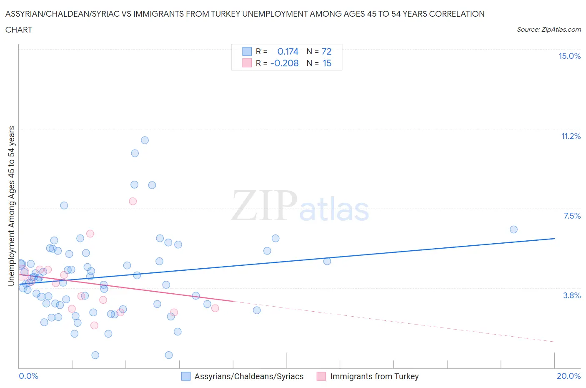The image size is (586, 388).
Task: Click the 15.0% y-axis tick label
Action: click(x=569, y=56)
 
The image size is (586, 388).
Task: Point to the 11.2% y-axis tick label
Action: click(x=571, y=136)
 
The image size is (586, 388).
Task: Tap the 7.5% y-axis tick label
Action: click(x=572, y=216)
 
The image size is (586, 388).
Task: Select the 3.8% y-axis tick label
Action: click(x=572, y=296)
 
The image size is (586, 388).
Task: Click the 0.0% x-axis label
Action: click(x=28, y=376)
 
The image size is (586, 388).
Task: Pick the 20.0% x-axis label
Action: click(x=568, y=376)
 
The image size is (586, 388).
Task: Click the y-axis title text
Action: click(x=12, y=206)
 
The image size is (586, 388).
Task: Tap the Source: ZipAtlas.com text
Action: click(x=548, y=30)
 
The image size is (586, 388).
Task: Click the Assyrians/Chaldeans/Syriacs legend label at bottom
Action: click(x=249, y=377)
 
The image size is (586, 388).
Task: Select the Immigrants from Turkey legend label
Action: click(x=374, y=377)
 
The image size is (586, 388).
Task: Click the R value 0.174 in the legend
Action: click(x=288, y=52)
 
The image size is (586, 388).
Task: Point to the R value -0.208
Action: click(x=284, y=63)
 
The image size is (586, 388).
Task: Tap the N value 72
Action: click(x=326, y=52)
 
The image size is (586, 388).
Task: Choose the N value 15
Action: click(x=327, y=63)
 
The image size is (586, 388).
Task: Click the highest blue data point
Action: click(x=145, y=140)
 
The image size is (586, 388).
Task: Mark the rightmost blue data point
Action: click(x=513, y=229)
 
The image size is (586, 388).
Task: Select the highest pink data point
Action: click(x=133, y=201)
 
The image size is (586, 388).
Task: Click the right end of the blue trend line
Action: click(x=554, y=239)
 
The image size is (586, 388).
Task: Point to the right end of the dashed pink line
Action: click(x=554, y=342)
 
